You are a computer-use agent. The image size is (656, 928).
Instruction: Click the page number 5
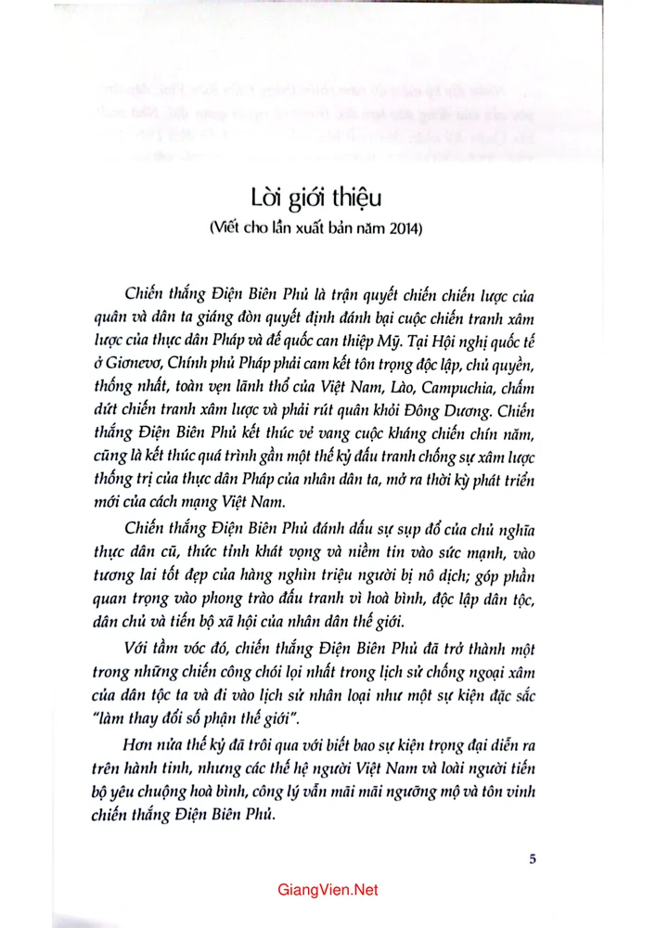(533, 858)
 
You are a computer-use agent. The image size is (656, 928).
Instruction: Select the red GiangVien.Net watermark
(328, 890)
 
